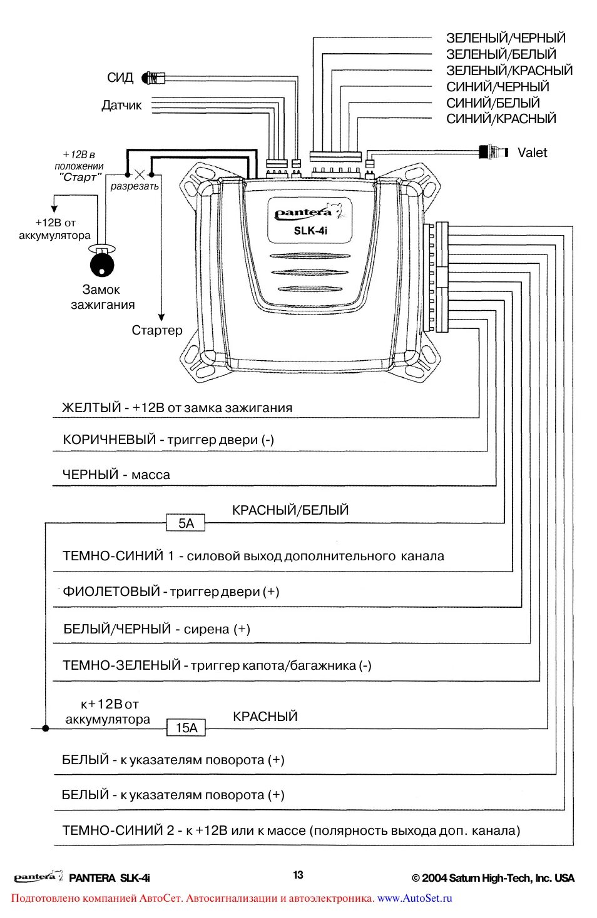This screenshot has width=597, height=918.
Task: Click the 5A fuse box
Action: point(186,523)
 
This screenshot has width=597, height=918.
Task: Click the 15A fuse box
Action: point(186,727)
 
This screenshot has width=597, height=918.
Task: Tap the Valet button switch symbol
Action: point(493,152)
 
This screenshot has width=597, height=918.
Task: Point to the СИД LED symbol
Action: point(152,78)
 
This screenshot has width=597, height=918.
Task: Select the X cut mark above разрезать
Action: point(140,174)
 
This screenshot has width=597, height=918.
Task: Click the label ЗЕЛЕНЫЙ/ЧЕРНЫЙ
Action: point(506,38)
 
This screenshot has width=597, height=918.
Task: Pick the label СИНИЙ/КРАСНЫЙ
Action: point(501,119)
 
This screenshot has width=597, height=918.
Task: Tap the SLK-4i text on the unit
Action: point(310,231)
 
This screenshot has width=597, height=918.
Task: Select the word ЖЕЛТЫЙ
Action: point(91,408)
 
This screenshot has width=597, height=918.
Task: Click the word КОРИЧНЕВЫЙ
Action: point(110,440)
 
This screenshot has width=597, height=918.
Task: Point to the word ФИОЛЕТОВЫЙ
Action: point(111,592)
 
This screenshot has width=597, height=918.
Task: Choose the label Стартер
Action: point(157,330)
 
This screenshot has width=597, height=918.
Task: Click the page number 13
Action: point(298,875)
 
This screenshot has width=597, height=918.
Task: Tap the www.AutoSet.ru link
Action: point(414,898)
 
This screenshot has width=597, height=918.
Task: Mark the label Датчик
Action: point(121,106)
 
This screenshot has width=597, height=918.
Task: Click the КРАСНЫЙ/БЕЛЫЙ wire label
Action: point(290,510)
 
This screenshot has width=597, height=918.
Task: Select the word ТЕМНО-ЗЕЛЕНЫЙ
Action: point(121,665)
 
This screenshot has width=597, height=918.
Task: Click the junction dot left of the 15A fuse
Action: point(45,728)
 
